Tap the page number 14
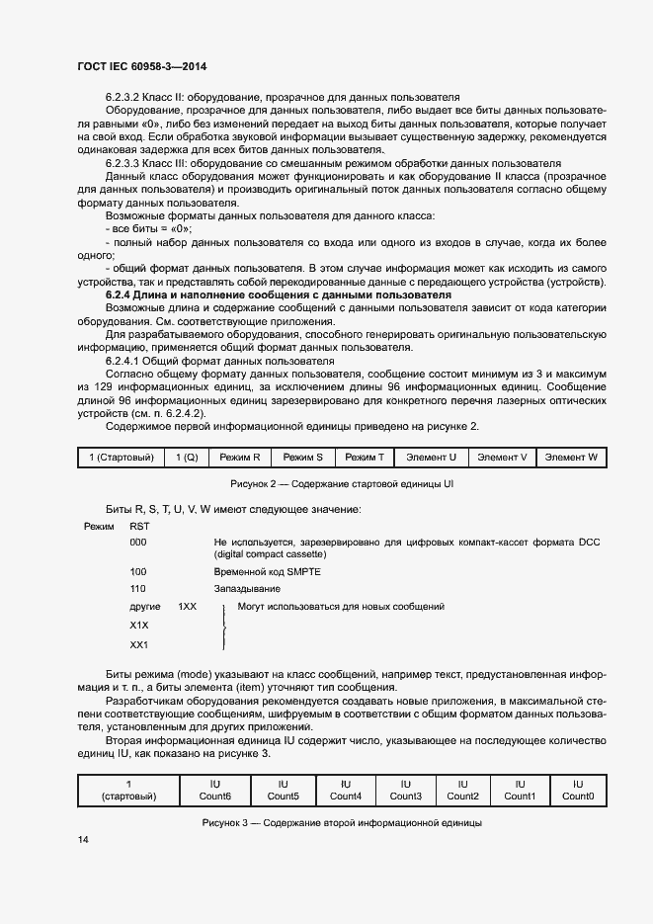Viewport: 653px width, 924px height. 83,839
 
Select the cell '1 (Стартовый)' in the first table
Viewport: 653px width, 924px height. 121,458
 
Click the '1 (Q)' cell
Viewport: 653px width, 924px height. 188,458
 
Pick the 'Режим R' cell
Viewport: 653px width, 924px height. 241,458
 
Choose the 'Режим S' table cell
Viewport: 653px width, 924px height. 303,458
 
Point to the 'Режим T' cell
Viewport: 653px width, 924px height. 365,458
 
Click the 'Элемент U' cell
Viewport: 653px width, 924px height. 432,458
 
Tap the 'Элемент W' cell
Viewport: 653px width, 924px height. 571,458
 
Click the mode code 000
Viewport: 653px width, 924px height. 138,543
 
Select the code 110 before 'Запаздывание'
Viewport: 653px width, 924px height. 138,588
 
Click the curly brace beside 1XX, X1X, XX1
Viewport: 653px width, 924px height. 225,627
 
